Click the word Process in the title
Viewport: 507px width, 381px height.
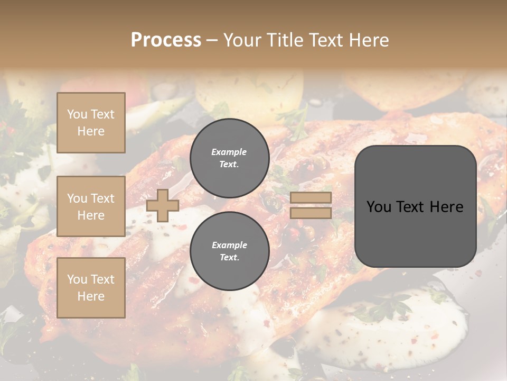pyautogui.click(x=166, y=40)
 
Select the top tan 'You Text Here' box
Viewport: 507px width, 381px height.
pyautogui.click(x=91, y=123)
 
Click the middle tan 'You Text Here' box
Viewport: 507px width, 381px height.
pyautogui.click(x=91, y=206)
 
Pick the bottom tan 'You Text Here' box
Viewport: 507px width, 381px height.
pyautogui.click(x=91, y=287)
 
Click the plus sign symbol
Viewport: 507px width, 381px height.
pyautogui.click(x=162, y=205)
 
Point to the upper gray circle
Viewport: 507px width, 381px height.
pyautogui.click(x=229, y=158)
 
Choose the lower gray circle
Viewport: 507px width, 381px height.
pyautogui.click(x=229, y=251)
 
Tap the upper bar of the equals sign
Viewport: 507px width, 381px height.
pyautogui.click(x=311, y=197)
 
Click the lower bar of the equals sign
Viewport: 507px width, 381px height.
pyautogui.click(x=311, y=213)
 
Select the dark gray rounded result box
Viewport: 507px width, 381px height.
pyautogui.click(x=415, y=206)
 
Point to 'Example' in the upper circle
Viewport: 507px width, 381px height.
pyautogui.click(x=229, y=152)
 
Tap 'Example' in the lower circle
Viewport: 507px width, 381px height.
pyautogui.click(x=229, y=245)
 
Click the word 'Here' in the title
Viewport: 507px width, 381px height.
pyautogui.click(x=370, y=40)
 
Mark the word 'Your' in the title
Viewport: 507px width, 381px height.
pyautogui.click(x=242, y=40)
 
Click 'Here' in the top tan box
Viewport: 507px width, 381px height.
pyautogui.click(x=91, y=131)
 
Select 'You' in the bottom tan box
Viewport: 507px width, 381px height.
pyautogui.click(x=77, y=279)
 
